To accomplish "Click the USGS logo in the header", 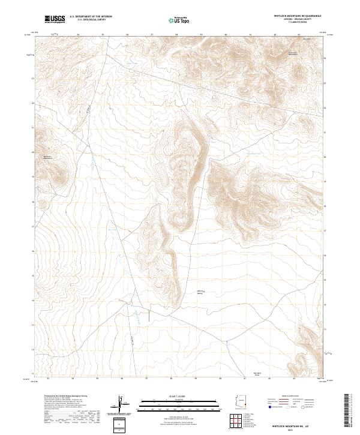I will [x=55, y=19].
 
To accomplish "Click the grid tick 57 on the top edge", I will [x=152, y=35].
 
